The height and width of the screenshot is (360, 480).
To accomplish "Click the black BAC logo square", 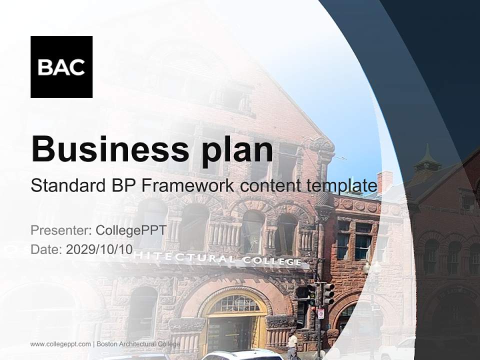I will (61, 67).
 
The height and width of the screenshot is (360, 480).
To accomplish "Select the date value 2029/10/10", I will (99, 249).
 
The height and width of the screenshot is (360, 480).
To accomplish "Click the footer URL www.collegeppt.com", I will (60, 344).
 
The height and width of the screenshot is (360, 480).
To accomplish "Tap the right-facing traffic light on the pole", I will (328, 293).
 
